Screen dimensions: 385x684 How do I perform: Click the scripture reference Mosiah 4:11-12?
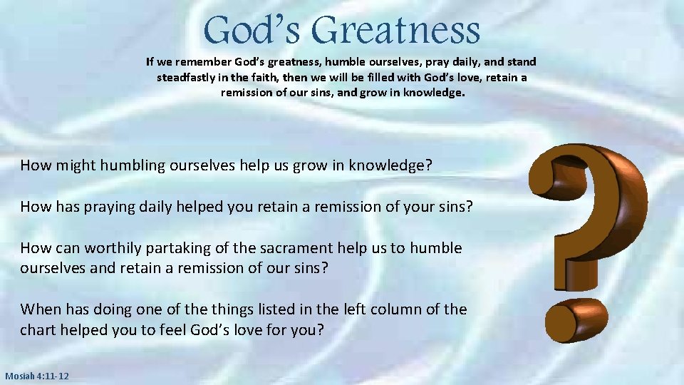(x=37, y=376)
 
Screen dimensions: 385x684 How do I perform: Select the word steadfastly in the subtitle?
(x=187, y=77)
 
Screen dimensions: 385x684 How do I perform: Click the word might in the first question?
(x=76, y=166)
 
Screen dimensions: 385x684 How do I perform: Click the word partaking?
(x=187, y=248)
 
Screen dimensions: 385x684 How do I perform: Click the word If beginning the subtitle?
(x=150, y=62)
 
